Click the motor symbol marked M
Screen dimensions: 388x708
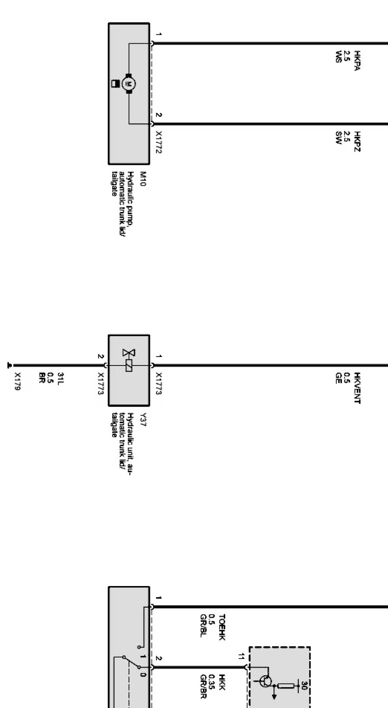tap(129, 84)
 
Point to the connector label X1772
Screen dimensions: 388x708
tap(159, 142)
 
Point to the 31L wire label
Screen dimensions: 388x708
tap(60, 378)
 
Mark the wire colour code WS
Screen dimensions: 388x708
tap(339, 57)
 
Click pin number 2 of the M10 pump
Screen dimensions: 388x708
tap(159, 115)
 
